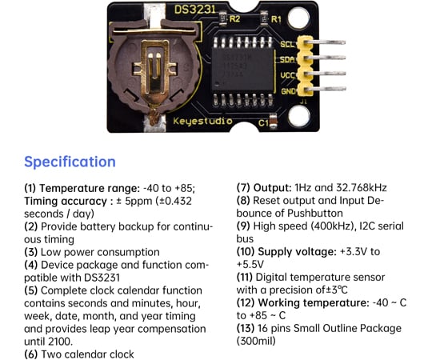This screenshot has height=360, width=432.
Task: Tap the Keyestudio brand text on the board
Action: coord(201,122)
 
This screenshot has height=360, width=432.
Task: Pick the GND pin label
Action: coord(289,90)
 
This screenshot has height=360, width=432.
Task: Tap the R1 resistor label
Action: coord(277,17)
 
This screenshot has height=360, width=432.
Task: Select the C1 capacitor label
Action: coord(265,122)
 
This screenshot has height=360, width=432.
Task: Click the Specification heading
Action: coord(70,162)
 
